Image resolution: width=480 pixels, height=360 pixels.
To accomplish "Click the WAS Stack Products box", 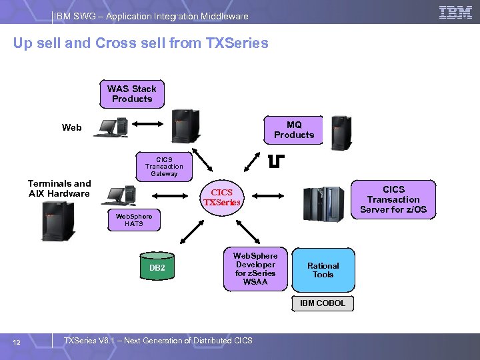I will pos(132,94).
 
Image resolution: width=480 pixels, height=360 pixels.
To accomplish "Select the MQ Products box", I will pos(294,130).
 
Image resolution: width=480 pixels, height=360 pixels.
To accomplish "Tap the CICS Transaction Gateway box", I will pos(164,167).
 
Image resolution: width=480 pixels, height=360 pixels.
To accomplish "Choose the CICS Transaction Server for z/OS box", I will pos(393,199).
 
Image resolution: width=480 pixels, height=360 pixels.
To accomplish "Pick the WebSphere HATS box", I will pos(133,220).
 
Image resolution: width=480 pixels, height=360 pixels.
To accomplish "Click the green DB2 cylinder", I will pos(157,268).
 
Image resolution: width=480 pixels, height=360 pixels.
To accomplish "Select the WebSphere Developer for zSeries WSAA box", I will pos(255,269).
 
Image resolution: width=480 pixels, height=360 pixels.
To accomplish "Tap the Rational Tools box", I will pos(323,269).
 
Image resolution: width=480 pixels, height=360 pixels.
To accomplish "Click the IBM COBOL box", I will pos(323,303).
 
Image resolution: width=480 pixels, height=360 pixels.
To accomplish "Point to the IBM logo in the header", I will pos(456,13).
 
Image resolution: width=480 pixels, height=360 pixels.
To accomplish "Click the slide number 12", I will pos(17,343).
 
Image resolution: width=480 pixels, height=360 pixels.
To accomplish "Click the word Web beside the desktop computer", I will pos(72,127).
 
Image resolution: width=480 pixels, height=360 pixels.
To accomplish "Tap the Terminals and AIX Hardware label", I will pos(59,189).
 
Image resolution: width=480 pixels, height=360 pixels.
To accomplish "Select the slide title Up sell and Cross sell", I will pos(141,43).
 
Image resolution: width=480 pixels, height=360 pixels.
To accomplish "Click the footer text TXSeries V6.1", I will pos(157,341).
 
